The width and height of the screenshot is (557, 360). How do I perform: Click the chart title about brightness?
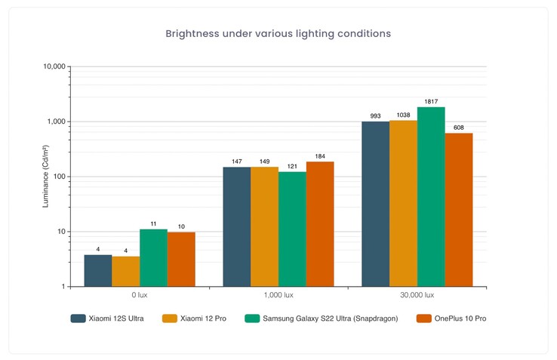[x=278, y=34]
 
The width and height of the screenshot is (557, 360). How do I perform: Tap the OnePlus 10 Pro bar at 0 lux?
[x=181, y=259]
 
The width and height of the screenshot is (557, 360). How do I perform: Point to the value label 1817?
[x=431, y=101]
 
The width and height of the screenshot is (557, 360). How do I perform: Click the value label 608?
[x=459, y=128]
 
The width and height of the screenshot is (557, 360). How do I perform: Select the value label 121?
[x=292, y=166]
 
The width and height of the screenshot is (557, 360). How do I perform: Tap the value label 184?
[x=320, y=156]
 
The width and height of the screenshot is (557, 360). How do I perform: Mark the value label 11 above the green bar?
[x=153, y=223]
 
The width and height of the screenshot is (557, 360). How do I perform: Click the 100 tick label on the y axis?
[x=58, y=177]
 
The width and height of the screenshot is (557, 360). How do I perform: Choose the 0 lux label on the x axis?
[x=139, y=295]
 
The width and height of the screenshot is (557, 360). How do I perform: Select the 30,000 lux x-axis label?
[x=417, y=295]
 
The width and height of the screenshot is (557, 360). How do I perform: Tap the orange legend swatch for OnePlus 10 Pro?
[x=423, y=318]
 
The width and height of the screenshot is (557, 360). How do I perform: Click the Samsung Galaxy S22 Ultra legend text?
[x=330, y=318]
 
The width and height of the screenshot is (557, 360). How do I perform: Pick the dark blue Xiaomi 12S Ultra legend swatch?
[x=78, y=318]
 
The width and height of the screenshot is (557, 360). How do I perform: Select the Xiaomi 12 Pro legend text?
[x=204, y=318]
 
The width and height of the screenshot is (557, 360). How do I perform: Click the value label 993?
[x=375, y=116]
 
